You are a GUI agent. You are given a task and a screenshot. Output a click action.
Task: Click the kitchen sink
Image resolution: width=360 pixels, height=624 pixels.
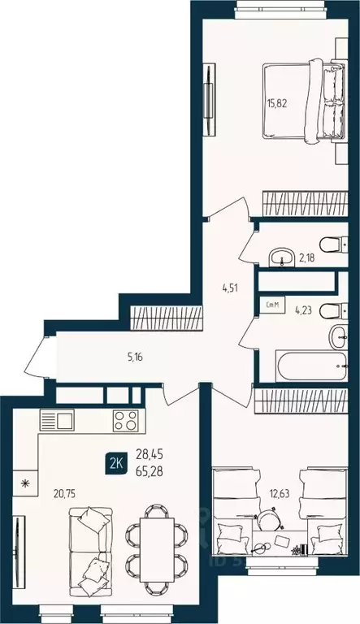(56, 421)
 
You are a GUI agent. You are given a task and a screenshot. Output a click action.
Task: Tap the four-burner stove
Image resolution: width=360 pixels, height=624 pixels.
(124, 421)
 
